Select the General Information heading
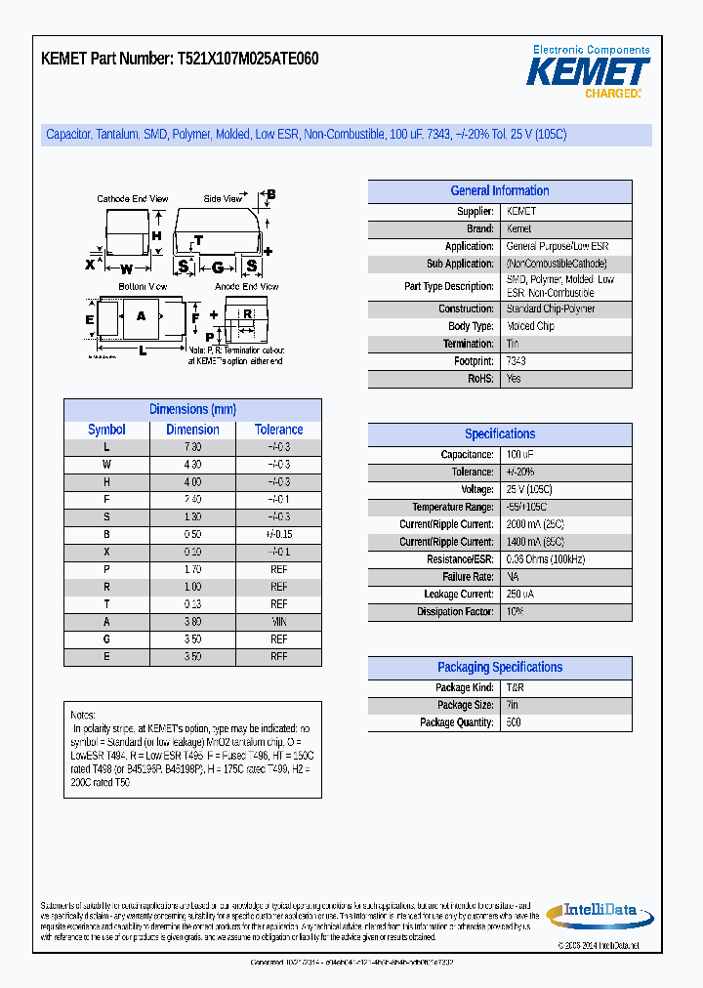499,191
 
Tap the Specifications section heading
499,434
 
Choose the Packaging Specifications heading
499,668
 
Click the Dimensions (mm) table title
192,410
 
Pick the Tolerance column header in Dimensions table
278,430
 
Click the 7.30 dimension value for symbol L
192,447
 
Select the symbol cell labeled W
106,465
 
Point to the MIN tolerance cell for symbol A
278,622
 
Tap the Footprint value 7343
517,361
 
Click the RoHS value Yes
514,379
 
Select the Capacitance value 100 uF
519,455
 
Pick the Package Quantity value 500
514,722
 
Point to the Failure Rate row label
468,577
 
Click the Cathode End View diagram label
134,199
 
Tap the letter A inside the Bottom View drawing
141,315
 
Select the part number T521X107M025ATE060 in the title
247,59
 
